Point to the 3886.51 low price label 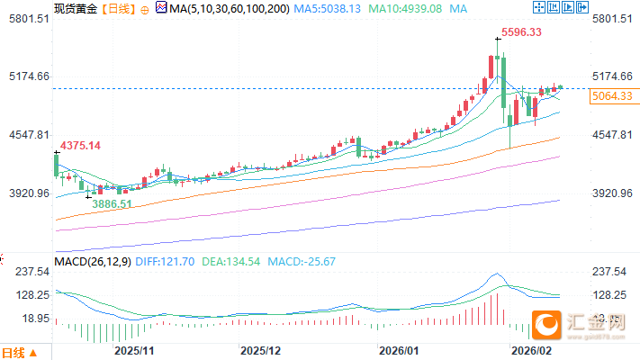coord(113,204)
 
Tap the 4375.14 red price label coord(80,146)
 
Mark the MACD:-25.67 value coord(302,261)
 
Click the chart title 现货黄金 coord(74,9)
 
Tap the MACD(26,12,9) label coord(94,261)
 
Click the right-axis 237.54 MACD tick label coord(610,271)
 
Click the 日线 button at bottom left coord(20,352)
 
